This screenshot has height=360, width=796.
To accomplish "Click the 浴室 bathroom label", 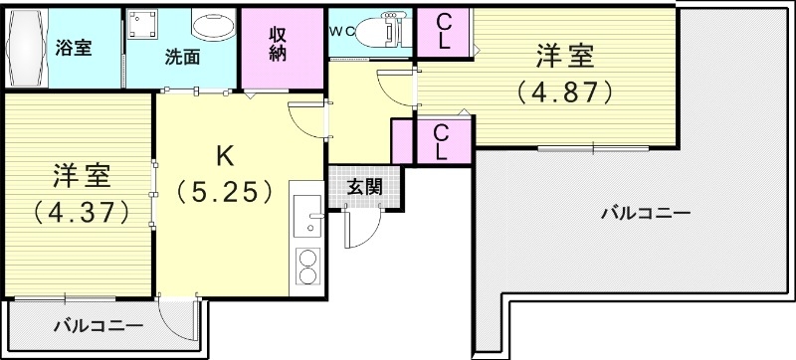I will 75,48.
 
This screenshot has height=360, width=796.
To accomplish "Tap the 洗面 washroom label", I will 182,57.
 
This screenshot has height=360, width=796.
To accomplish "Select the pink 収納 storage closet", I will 278,45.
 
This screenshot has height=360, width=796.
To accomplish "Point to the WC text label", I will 342,30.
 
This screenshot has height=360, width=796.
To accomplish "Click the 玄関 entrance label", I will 362,187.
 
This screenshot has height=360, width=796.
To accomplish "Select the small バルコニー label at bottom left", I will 98,325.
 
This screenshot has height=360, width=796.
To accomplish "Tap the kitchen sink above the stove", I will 307,213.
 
